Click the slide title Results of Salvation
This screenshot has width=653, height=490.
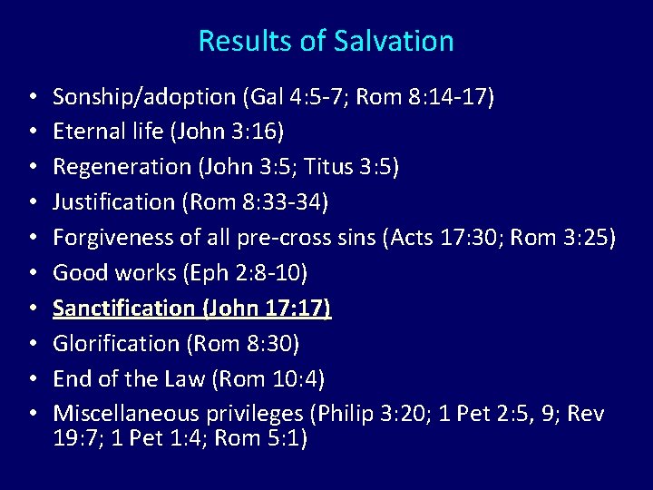pos(326,41)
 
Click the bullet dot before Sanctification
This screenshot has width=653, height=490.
pos(32,309)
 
